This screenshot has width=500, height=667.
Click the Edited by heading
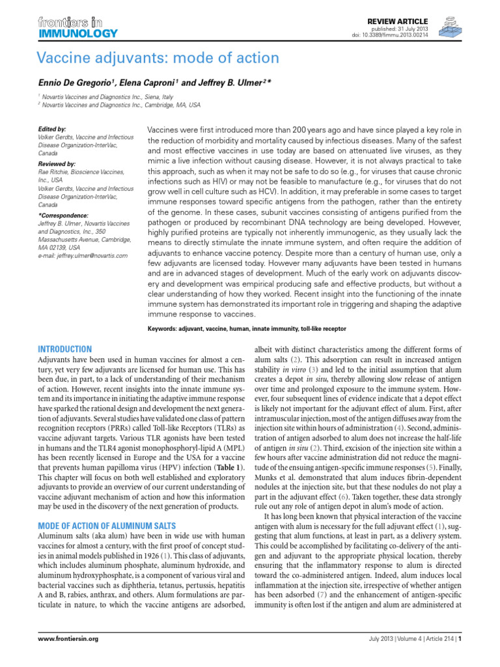(52, 130)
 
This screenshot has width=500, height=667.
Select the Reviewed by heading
(57, 163)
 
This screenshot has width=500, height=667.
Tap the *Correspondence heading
(64, 214)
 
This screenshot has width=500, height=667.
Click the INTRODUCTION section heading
(66, 349)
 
